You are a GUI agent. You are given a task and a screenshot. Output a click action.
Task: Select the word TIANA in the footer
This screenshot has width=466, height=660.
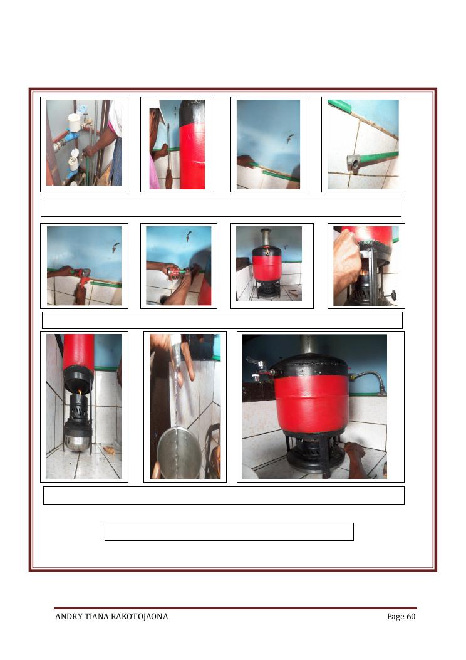tap(96, 617)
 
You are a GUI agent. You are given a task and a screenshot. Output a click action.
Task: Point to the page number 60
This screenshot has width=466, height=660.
tap(411, 617)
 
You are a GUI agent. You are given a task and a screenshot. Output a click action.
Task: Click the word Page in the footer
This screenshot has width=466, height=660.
tap(395, 617)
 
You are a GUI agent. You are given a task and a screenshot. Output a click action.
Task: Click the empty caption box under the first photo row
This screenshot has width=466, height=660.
tap(221, 208)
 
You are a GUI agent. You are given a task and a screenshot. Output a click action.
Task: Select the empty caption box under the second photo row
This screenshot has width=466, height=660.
tap(222, 320)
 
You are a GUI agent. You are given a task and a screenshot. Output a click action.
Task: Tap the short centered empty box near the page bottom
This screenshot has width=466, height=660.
tap(229, 532)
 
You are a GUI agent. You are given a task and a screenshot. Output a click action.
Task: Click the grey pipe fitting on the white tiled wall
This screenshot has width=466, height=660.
tap(353, 164)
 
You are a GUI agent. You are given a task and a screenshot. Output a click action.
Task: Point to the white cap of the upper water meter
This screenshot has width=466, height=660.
tap(74, 122)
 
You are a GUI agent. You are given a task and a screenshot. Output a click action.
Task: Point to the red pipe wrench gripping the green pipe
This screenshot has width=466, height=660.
tap(82, 276)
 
